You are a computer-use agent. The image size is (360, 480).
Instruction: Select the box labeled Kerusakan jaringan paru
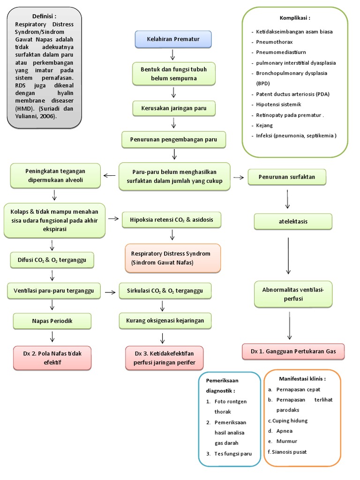click(x=174, y=109)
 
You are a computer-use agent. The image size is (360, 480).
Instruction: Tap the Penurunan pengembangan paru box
click(x=173, y=139)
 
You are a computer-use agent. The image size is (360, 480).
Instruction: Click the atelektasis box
click(x=292, y=222)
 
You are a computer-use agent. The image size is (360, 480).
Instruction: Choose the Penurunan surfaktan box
click(x=287, y=177)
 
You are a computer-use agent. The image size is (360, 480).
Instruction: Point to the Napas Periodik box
click(x=52, y=321)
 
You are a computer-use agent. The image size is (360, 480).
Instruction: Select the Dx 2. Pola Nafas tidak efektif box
click(x=52, y=358)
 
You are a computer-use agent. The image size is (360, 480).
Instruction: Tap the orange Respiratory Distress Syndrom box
click(x=172, y=258)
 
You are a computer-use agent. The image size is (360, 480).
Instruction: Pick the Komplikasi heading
click(x=295, y=18)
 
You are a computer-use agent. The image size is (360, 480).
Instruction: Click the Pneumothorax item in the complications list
click(x=274, y=42)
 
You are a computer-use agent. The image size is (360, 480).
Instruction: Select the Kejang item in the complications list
click(x=264, y=125)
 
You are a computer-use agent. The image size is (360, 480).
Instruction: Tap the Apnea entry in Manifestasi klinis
click(x=285, y=431)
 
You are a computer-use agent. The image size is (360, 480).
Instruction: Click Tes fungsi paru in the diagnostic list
click(x=233, y=453)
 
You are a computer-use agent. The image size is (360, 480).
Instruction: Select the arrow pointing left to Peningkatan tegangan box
click(x=109, y=176)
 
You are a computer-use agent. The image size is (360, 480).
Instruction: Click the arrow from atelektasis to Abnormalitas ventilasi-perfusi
click(x=288, y=256)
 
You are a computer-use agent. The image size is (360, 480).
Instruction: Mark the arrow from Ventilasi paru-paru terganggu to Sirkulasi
click(x=111, y=292)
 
